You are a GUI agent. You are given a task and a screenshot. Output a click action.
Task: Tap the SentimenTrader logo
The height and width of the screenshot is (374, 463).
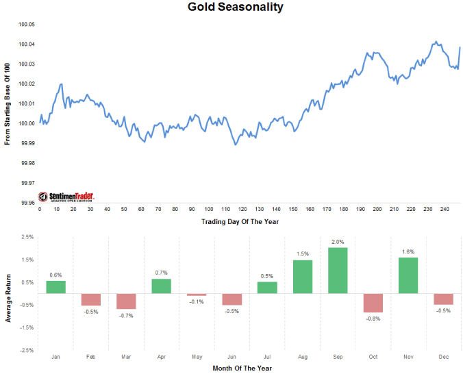(66, 196)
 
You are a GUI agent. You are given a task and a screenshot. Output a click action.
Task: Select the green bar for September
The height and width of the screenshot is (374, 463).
(338, 270)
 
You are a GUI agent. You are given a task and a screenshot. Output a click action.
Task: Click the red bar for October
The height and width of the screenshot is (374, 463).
(373, 302)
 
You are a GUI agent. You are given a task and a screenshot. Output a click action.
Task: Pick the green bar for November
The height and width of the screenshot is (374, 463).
(408, 275)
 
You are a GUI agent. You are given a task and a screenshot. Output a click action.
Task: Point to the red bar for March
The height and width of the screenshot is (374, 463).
(126, 301)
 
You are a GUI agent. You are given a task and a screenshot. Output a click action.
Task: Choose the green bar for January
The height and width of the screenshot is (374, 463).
(56, 286)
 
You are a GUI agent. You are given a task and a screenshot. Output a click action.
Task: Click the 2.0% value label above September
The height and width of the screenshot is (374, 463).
(338, 242)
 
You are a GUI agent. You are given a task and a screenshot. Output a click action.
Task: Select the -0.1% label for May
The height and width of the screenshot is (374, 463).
(197, 301)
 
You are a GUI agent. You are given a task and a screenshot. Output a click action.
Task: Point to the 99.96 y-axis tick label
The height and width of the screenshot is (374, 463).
(27, 203)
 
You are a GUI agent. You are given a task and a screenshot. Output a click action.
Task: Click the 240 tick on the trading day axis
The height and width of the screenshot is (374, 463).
(445, 209)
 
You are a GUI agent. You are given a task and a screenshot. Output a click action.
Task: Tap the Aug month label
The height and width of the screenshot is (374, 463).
(302, 356)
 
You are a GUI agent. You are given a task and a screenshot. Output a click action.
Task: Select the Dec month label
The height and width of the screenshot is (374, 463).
(443, 356)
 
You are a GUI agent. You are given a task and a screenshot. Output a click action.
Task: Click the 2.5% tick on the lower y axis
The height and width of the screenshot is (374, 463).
(27, 236)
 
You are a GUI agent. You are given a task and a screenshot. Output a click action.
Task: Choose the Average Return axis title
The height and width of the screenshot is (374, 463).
(8, 293)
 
